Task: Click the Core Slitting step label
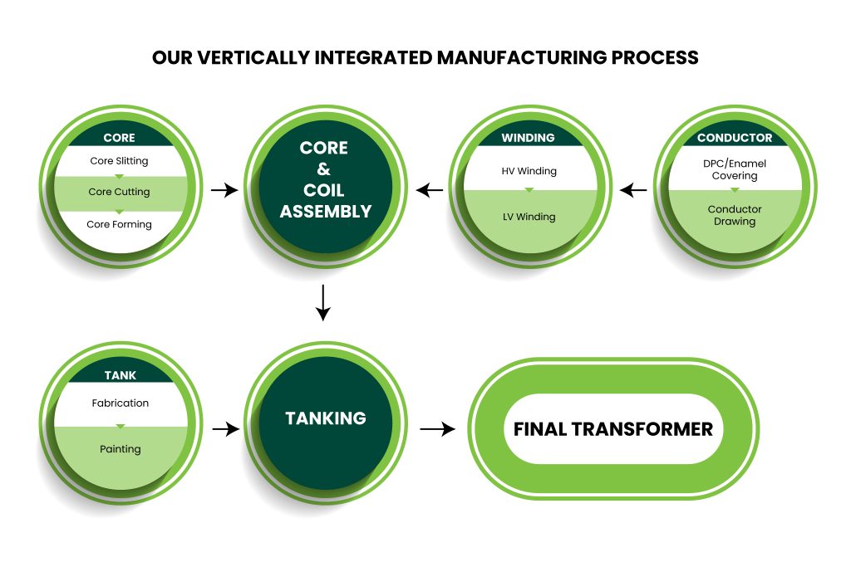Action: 120,160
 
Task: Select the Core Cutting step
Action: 120,192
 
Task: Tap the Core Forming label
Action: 120,224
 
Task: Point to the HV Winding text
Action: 529,171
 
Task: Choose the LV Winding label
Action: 529,217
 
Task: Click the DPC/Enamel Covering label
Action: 734,169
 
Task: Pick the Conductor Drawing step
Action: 734,215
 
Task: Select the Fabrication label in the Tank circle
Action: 121,403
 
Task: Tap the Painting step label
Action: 121,449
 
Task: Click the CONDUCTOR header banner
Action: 735,138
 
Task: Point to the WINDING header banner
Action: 529,138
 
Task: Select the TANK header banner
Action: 121,375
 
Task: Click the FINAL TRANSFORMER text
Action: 613,429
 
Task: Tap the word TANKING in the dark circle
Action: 326,418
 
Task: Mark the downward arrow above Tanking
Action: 323,302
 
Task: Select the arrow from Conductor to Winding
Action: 634,191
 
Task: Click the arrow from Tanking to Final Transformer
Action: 438,429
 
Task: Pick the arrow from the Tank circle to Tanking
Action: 225,429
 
